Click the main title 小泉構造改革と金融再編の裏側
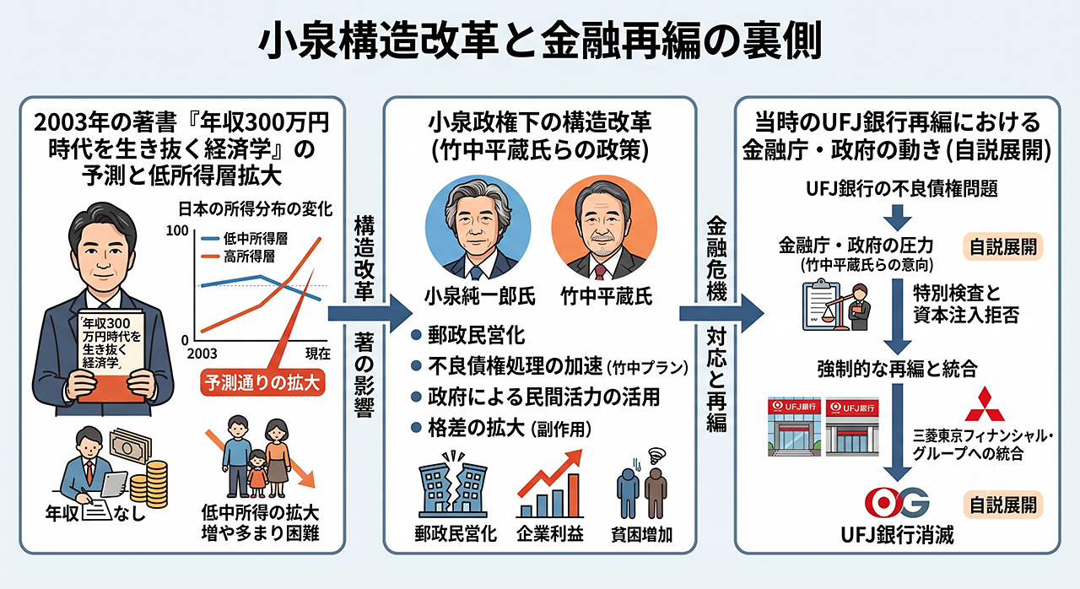tap(540, 41)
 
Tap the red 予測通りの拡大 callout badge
tap(262, 383)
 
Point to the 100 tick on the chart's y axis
tap(177, 231)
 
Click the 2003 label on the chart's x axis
tap(202, 354)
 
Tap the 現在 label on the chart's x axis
tap(318, 354)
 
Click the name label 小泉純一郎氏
tap(480, 296)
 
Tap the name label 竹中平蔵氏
tap(607, 296)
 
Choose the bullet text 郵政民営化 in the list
tap(477, 336)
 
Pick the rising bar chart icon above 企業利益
tap(549, 484)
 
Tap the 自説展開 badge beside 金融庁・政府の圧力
tap(1003, 246)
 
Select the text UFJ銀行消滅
tap(897, 535)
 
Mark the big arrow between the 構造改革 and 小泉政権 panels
tap(370, 313)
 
